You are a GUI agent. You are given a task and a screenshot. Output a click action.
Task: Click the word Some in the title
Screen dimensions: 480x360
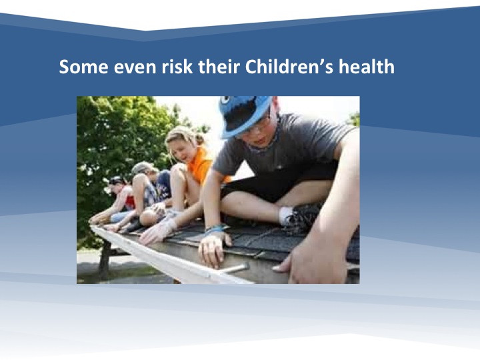[83, 67]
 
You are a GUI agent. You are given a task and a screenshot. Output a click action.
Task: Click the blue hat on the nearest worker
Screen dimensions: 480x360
[244, 114]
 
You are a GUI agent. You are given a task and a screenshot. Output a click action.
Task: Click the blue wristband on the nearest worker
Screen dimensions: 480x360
[216, 229]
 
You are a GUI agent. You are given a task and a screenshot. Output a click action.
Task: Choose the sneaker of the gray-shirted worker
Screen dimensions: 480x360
[303, 217]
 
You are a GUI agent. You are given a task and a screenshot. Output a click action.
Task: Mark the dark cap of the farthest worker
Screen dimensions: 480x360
[116, 180]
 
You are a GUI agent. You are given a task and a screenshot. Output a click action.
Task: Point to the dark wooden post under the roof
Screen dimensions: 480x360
[104, 259]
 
